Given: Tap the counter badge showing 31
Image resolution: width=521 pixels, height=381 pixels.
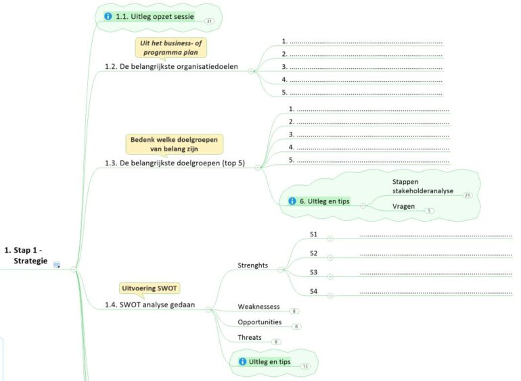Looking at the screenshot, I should pos(209,21).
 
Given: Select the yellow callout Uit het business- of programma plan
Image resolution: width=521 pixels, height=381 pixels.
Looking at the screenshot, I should pos(170,47).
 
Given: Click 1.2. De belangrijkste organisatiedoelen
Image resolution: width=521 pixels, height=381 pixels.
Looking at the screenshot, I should pos(171,66).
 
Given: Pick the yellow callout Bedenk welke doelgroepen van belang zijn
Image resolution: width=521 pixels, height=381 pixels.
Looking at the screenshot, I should pos(174,143).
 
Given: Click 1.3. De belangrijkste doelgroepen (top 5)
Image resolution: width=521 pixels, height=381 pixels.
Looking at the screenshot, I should pos(175,163).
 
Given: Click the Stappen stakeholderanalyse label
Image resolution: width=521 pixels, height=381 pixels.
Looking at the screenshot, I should pos(422,186).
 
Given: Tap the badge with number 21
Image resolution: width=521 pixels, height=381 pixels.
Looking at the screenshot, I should pos(468,195).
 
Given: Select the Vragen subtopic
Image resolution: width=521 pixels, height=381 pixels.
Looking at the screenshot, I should pos(403,206).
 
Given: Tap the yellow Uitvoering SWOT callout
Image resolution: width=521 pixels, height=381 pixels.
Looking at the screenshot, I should pos(150,288).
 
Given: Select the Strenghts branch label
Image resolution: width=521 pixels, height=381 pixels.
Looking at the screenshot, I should pos(252,265).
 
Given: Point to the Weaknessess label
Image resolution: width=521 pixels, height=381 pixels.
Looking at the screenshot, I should pos(258,307).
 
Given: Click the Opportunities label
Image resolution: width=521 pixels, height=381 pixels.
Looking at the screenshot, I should pos(260,322).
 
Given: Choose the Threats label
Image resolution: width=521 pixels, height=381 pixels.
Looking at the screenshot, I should pos(249,337).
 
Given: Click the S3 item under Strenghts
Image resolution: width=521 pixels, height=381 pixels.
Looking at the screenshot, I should pos(313,272).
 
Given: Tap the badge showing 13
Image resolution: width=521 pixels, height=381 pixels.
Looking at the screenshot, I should pos(305,366).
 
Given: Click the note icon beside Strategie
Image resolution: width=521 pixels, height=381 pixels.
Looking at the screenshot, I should pos(57,264).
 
